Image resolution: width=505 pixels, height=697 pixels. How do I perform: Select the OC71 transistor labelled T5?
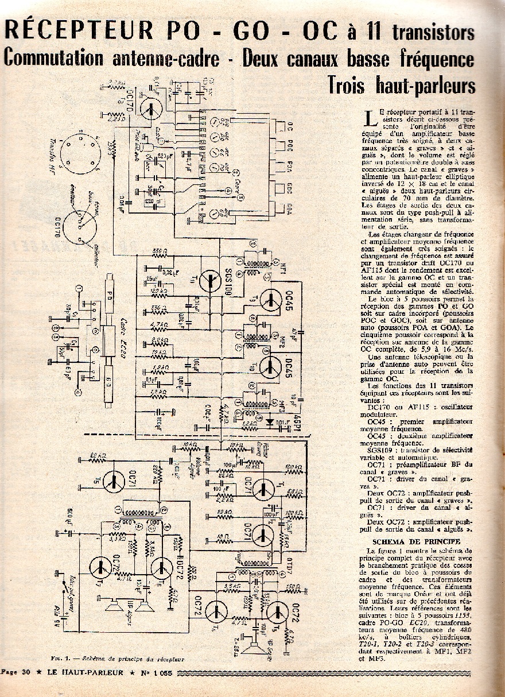coord(115,481)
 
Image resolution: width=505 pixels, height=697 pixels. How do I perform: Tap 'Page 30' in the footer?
coord(15,672)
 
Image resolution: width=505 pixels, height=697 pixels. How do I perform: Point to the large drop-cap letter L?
coord(371,119)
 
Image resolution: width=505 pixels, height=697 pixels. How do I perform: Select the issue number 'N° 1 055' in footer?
coord(164,672)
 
